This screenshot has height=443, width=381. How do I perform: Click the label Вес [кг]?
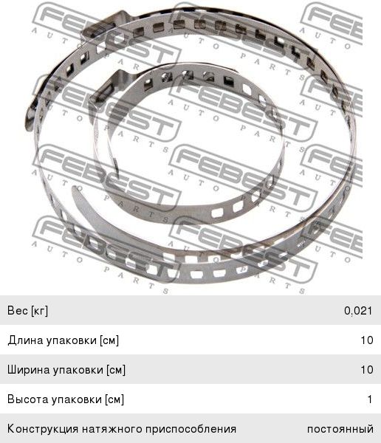tap(28, 311)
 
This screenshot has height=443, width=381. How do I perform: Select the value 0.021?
tap(358, 311)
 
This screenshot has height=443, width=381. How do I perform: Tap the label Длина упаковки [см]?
tap(63, 340)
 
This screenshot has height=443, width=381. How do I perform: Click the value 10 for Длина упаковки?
tap(366, 340)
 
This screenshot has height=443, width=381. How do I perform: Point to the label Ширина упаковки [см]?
tap(66, 370)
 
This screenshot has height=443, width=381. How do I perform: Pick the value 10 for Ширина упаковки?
tap(366, 370)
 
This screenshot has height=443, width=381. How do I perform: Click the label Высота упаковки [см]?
tap(66, 399)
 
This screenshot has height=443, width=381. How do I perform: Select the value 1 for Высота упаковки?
tap(370, 399)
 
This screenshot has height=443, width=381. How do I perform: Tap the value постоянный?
tap(340, 429)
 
